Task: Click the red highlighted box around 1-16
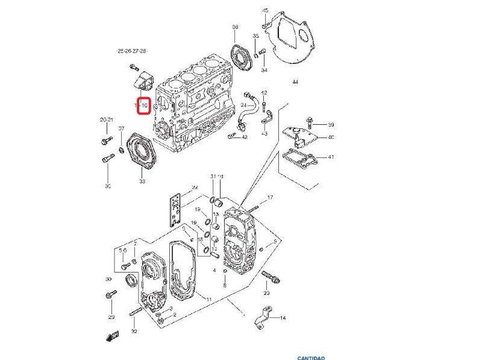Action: tap(143, 106)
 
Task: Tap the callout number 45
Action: tap(265, 11)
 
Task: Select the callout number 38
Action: tap(235, 27)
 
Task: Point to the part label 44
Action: tap(295, 81)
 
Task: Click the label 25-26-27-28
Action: tap(132, 52)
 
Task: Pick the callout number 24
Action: tap(244, 106)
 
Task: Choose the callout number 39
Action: tap(331, 125)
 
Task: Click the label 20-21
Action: tap(107, 121)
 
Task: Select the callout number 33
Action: tap(142, 181)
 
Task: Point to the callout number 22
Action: tap(195, 188)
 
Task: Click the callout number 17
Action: tap(271, 197)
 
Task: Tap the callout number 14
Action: tap(283, 317)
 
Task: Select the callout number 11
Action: tap(208, 300)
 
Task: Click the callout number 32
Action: tap(134, 331)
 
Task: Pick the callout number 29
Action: tap(111, 317)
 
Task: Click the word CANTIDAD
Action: tap(311, 358)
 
